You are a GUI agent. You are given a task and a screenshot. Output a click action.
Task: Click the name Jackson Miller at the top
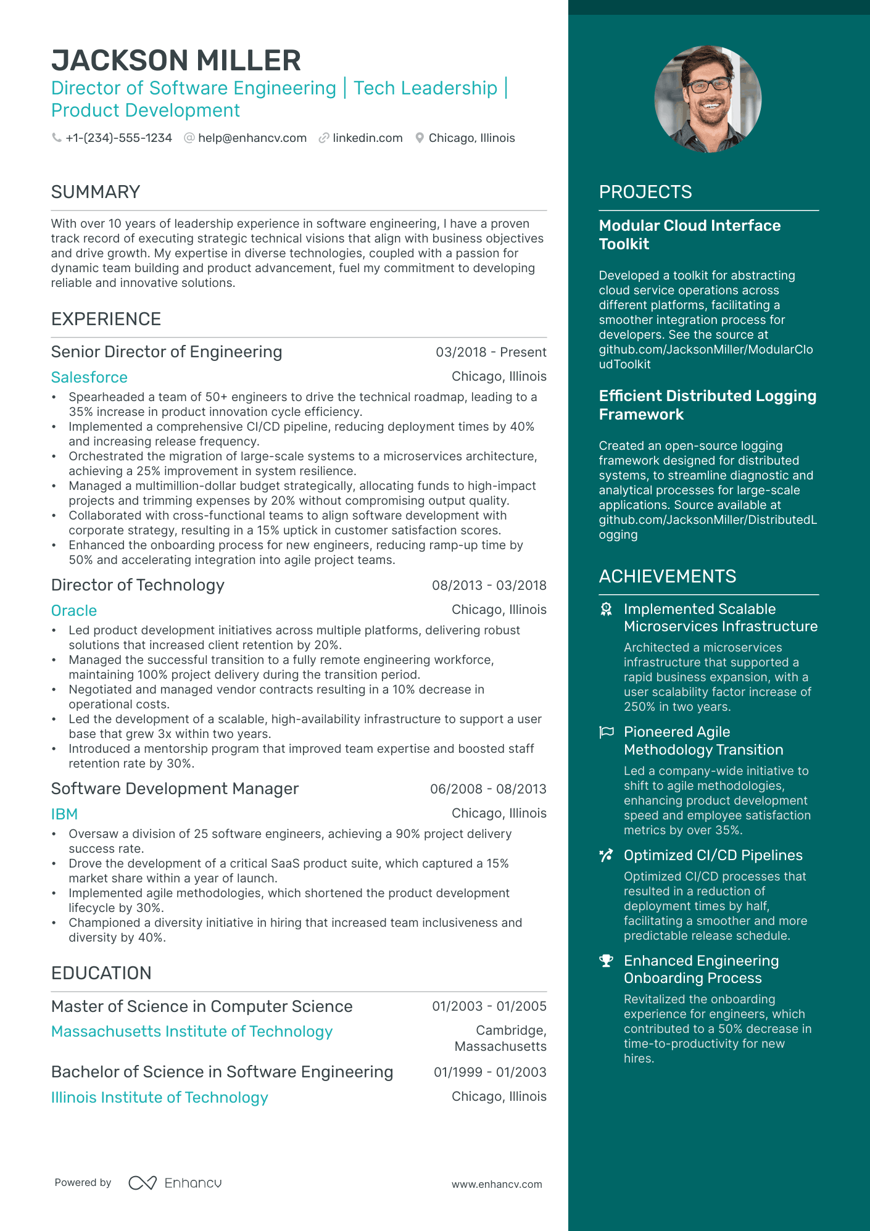(x=176, y=60)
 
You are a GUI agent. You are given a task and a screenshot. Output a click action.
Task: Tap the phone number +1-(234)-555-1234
(x=118, y=138)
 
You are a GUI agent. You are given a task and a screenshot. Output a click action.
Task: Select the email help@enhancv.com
(x=252, y=138)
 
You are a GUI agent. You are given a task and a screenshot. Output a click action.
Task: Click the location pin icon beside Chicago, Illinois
(x=420, y=138)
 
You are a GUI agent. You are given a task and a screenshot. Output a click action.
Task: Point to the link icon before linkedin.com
(x=323, y=138)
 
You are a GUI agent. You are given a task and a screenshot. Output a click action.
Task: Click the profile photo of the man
(x=708, y=99)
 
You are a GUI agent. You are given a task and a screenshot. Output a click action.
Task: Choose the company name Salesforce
(x=89, y=378)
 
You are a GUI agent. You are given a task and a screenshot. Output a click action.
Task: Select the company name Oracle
(x=74, y=611)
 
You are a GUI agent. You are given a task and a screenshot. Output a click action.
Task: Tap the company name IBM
(x=64, y=814)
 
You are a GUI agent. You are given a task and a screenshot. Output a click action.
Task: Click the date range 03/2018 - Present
(x=491, y=352)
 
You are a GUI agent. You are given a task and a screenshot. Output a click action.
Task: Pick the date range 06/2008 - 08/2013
(x=488, y=789)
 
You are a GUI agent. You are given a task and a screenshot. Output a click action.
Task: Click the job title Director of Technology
(x=138, y=586)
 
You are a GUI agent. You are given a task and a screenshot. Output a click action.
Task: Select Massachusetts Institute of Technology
(x=192, y=1032)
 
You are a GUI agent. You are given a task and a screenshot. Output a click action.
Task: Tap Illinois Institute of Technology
(x=160, y=1098)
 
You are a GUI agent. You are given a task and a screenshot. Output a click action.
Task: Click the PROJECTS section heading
(x=645, y=193)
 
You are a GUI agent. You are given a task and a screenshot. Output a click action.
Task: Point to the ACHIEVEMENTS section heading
(x=667, y=576)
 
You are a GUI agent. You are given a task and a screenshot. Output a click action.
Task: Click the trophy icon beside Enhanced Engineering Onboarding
(x=607, y=961)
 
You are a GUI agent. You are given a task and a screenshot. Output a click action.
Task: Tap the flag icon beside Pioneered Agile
(x=607, y=732)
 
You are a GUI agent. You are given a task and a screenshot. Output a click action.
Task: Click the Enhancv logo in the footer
(x=175, y=1183)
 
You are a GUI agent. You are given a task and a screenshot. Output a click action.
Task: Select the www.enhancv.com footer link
(x=497, y=1185)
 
